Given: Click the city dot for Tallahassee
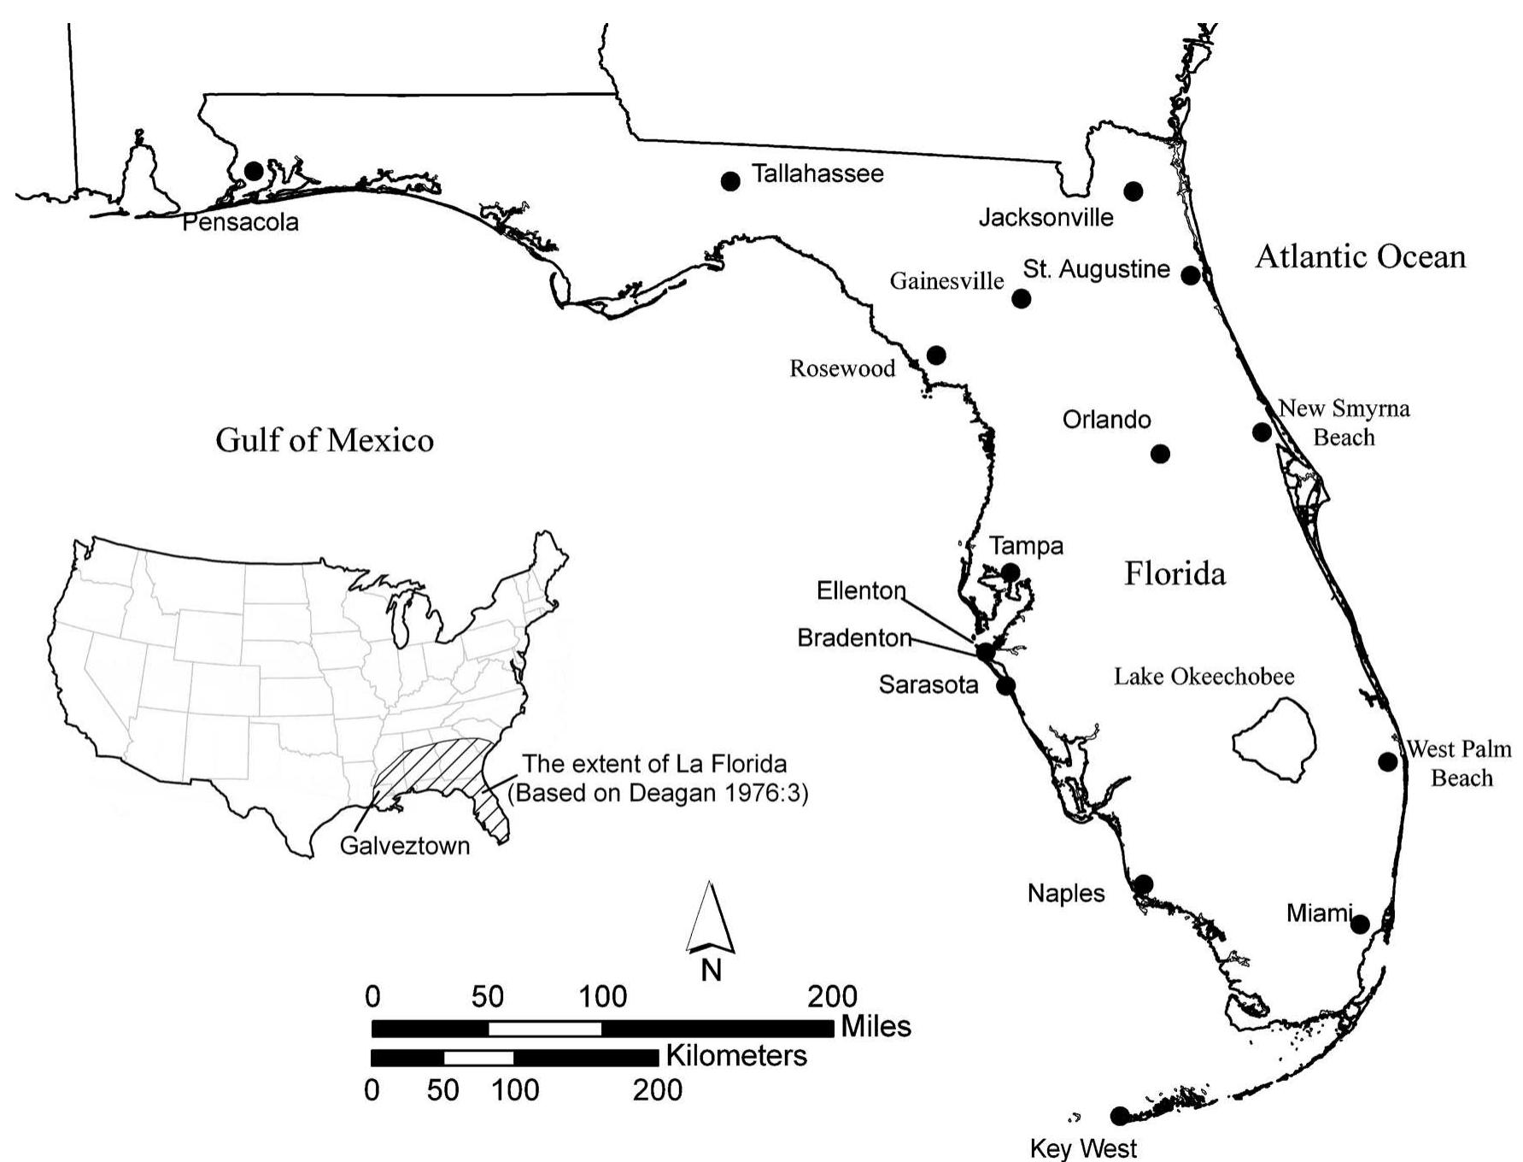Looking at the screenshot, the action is click(x=730, y=181).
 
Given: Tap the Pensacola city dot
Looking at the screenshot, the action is click(x=254, y=171).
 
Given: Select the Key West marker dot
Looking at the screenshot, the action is click(x=1119, y=1115).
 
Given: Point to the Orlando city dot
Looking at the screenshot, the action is click(x=1160, y=454).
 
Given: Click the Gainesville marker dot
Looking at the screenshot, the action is click(x=1022, y=298).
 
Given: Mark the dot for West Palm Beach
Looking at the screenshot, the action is click(x=1388, y=761).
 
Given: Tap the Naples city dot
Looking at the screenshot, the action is click(x=1144, y=883).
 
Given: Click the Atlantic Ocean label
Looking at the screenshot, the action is click(x=1360, y=256).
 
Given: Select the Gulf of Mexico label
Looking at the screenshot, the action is click(x=325, y=441).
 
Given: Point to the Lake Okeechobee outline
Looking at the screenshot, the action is click(x=1274, y=740).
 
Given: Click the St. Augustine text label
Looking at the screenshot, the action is click(x=1096, y=269).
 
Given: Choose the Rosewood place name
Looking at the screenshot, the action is click(x=842, y=369).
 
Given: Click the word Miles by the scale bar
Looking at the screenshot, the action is click(x=876, y=1026).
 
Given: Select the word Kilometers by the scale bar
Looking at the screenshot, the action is click(x=736, y=1056).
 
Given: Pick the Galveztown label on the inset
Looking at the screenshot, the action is click(x=405, y=846).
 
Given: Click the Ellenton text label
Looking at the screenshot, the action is click(x=861, y=590).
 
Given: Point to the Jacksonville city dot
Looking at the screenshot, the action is click(x=1133, y=191).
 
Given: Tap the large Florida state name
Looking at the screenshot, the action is click(x=1174, y=573).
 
